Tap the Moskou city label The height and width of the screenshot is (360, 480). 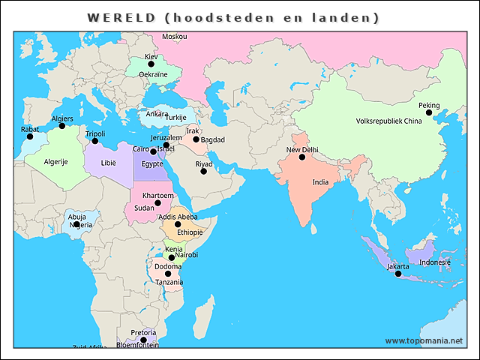tap(175, 37)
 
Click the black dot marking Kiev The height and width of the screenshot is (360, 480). tap(151, 64)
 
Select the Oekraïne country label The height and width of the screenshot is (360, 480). tap(153, 74)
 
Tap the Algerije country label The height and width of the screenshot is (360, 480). tap(56, 162)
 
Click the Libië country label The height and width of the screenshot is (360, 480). tap(109, 162)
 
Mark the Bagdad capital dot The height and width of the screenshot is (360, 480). tap(196, 139)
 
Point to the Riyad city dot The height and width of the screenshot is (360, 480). tap(203, 172)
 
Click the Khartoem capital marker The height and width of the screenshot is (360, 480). tap(158, 203)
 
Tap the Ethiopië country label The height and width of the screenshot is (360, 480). tap(190, 232)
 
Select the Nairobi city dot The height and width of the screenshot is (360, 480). tap(172, 258)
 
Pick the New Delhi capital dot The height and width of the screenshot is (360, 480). tap(302, 157)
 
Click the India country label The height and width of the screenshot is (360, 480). tap(320, 182)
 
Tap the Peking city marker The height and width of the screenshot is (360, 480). tap(429, 113)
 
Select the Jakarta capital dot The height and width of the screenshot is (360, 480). tap(398, 274)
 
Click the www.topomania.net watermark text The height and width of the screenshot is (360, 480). tap(424, 340)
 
